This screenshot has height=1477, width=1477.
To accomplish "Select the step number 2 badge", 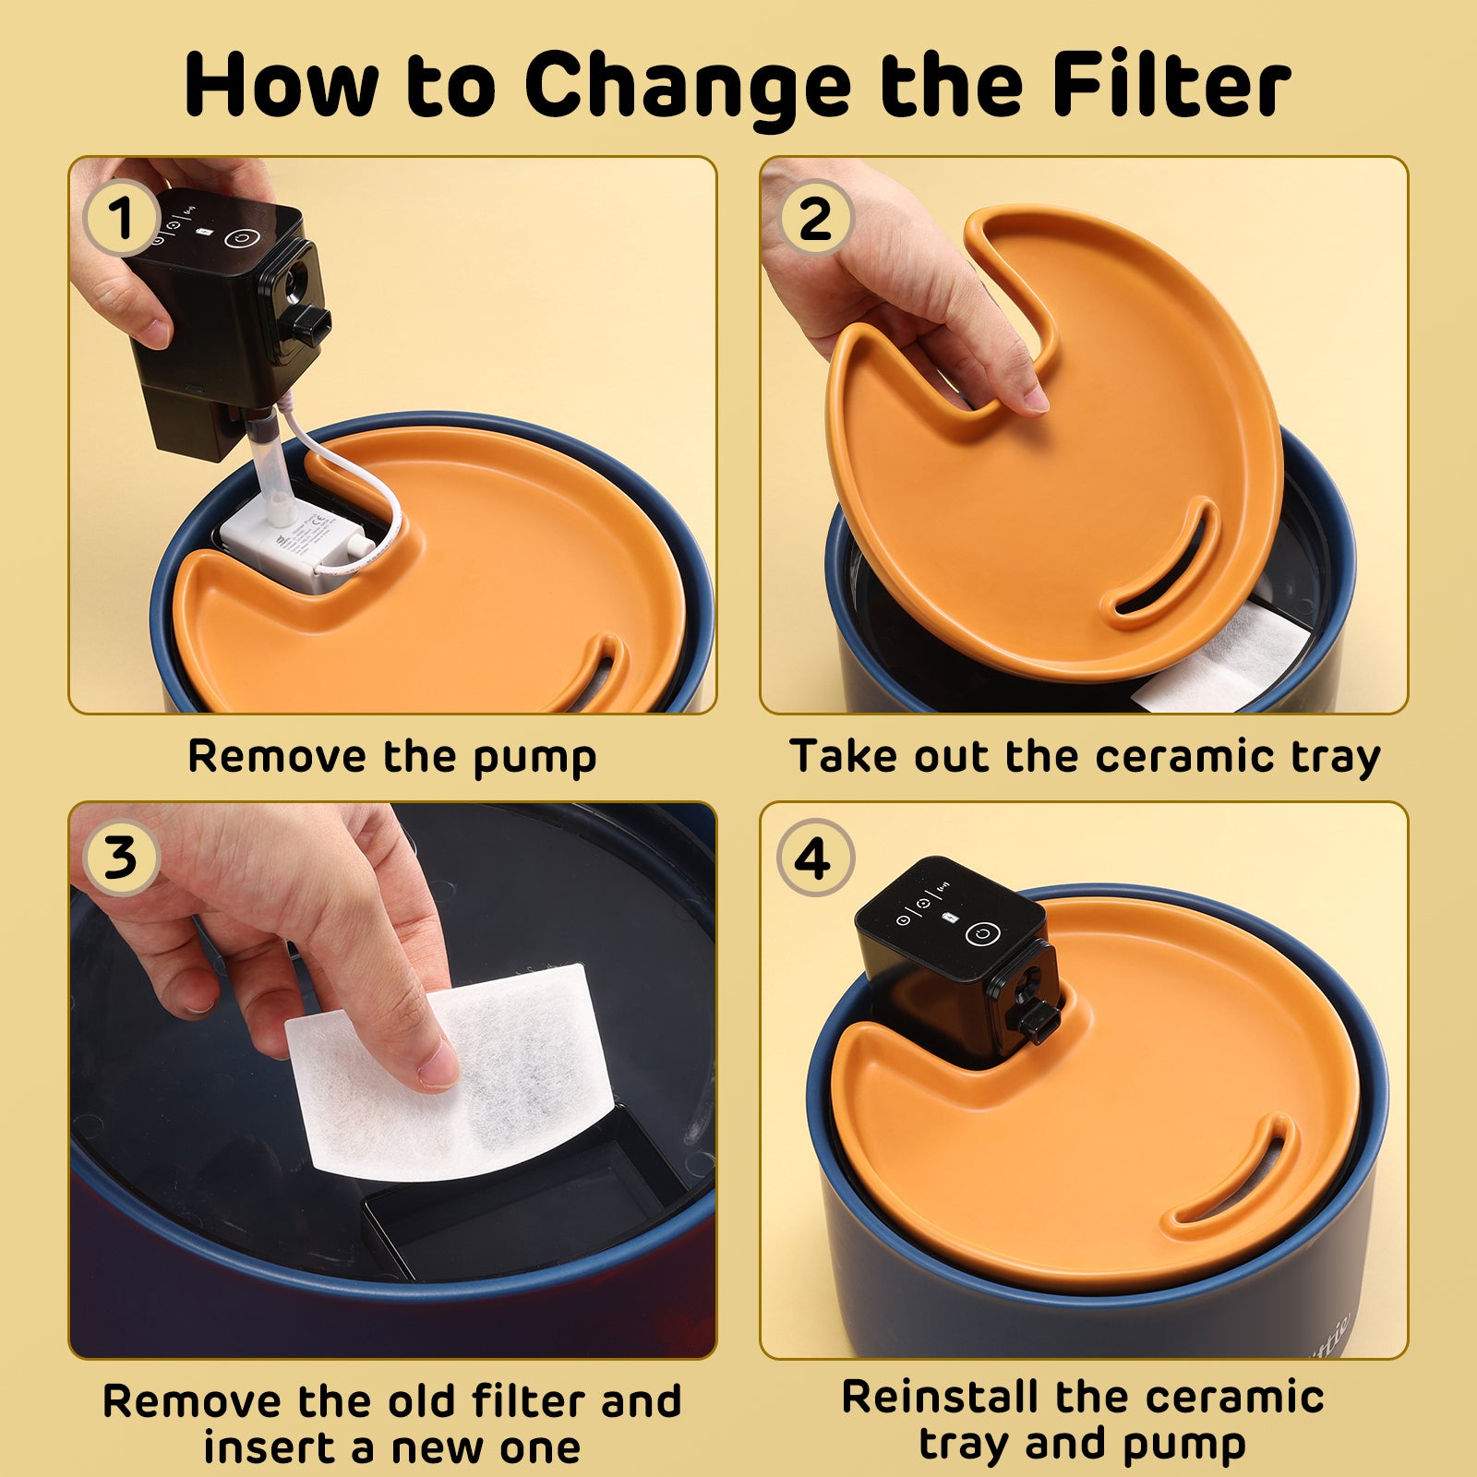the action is tap(815, 218).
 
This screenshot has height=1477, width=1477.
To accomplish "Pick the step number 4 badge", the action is tap(815, 858).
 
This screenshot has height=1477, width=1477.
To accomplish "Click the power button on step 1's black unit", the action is tap(242, 237).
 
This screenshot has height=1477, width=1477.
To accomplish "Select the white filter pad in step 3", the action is tap(450, 1071).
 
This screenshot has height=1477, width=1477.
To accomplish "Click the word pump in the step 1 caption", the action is tap(535, 758).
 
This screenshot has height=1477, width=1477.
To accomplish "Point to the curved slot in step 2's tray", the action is tap(1163, 563).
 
